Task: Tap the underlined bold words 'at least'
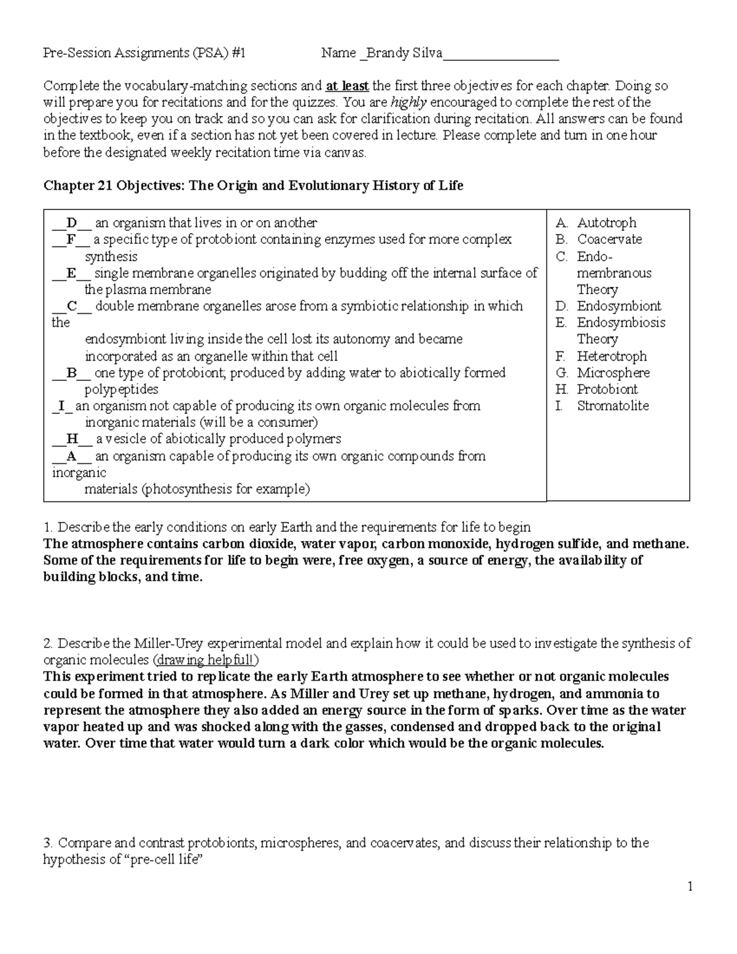[348, 86]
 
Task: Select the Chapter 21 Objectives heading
[253, 186]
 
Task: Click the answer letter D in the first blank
[72, 223]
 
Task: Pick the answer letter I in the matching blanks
[61, 406]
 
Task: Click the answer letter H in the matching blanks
[72, 439]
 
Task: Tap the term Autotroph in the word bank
[606, 223]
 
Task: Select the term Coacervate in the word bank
[609, 240]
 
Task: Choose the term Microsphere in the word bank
[613, 373]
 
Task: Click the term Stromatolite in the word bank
[612, 406]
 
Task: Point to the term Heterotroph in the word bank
[612, 356]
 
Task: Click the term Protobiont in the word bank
[607, 389]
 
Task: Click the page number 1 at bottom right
[690, 886]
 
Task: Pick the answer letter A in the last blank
[72, 456]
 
